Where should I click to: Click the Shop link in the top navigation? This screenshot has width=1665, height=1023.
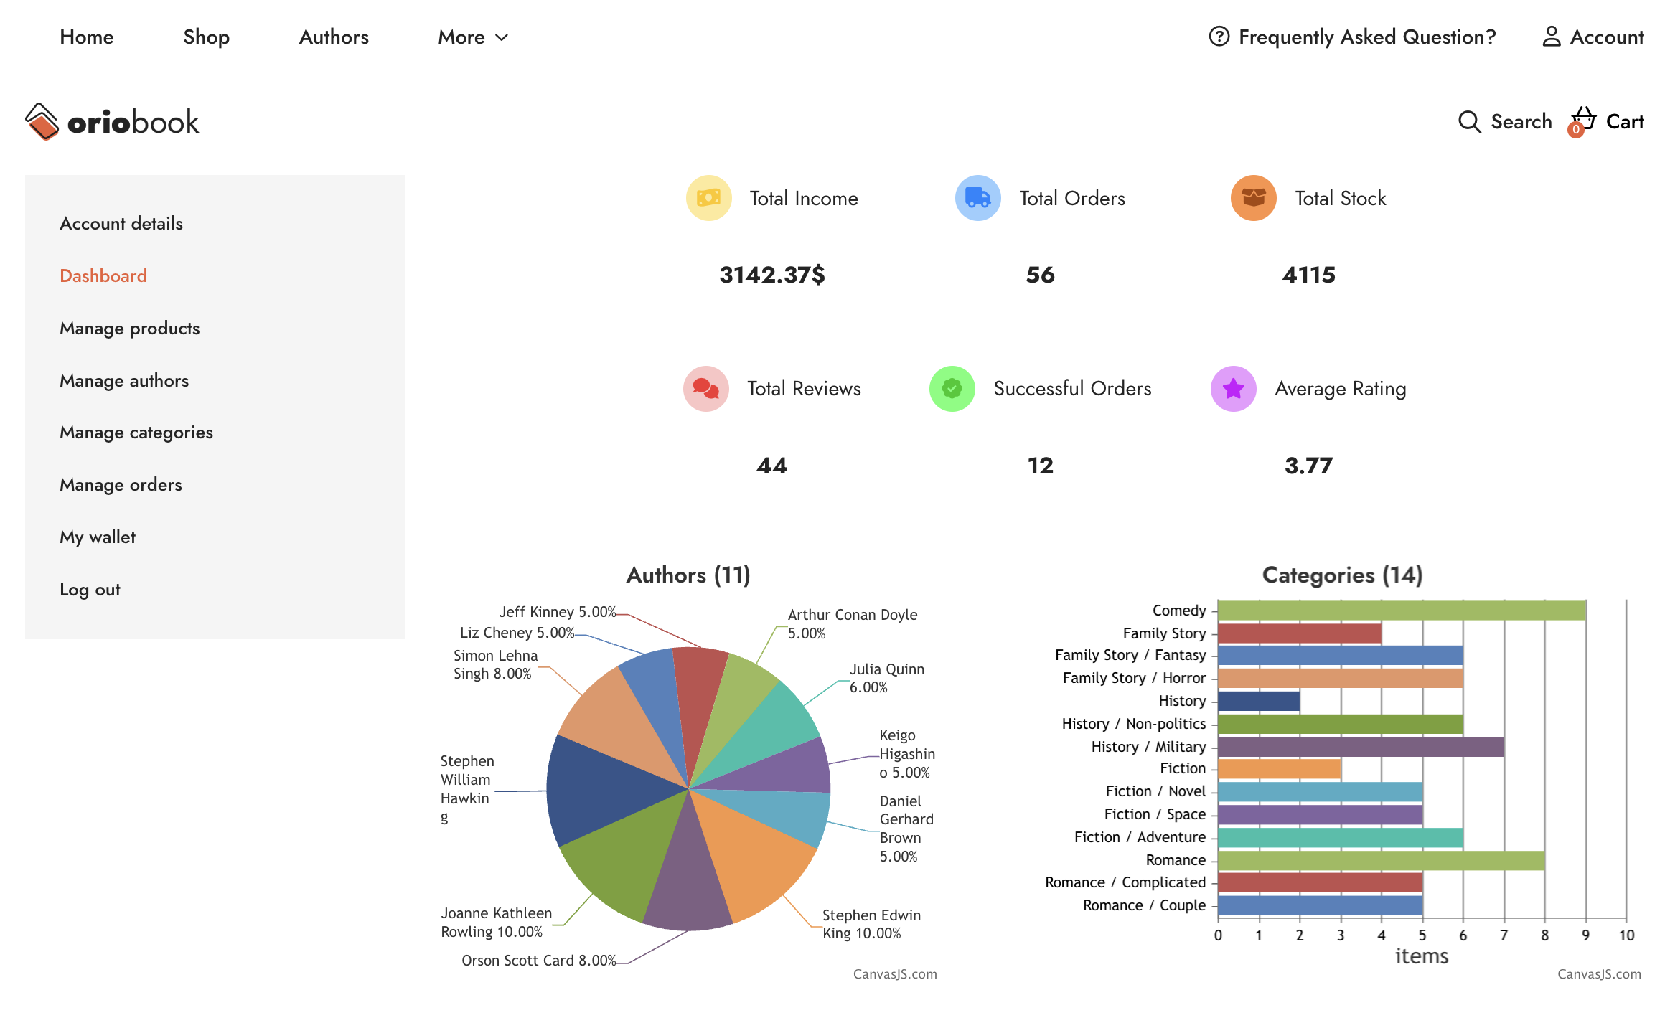tap(206, 37)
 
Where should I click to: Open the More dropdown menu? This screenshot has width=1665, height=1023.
tap(473, 37)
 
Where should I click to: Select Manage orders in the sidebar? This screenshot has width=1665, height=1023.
tap(121, 485)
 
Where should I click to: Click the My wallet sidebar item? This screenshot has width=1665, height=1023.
tap(98, 537)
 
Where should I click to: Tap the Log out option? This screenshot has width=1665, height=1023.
tap(90, 590)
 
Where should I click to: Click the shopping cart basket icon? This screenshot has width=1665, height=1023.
tap(1582, 120)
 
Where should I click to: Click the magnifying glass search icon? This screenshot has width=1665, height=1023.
tap(1469, 122)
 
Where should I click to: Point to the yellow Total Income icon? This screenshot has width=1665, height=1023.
tap(708, 198)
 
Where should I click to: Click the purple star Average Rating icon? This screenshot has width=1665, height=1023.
tap(1233, 389)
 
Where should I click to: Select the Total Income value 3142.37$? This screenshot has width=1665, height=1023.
tap(772, 275)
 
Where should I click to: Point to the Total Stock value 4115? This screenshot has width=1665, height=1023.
tap(1308, 275)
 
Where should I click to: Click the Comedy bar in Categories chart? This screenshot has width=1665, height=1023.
tap(1401, 610)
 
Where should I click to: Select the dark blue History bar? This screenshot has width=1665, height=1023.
tap(1259, 701)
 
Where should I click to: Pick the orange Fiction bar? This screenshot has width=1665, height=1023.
tap(1279, 769)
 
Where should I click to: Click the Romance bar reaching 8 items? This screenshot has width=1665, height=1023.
tap(1381, 860)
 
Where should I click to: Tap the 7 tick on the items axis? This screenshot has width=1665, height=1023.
tap(1504, 935)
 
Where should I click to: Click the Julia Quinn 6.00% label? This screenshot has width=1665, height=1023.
tap(886, 678)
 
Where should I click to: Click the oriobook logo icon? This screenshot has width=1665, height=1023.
tap(42, 121)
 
